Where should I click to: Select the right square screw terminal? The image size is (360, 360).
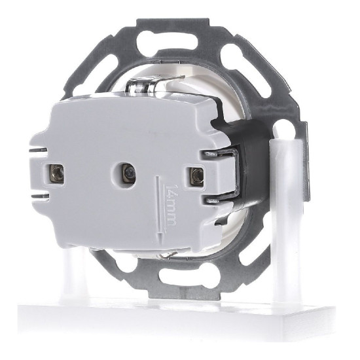197,176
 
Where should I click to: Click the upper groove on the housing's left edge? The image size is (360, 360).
39,150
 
